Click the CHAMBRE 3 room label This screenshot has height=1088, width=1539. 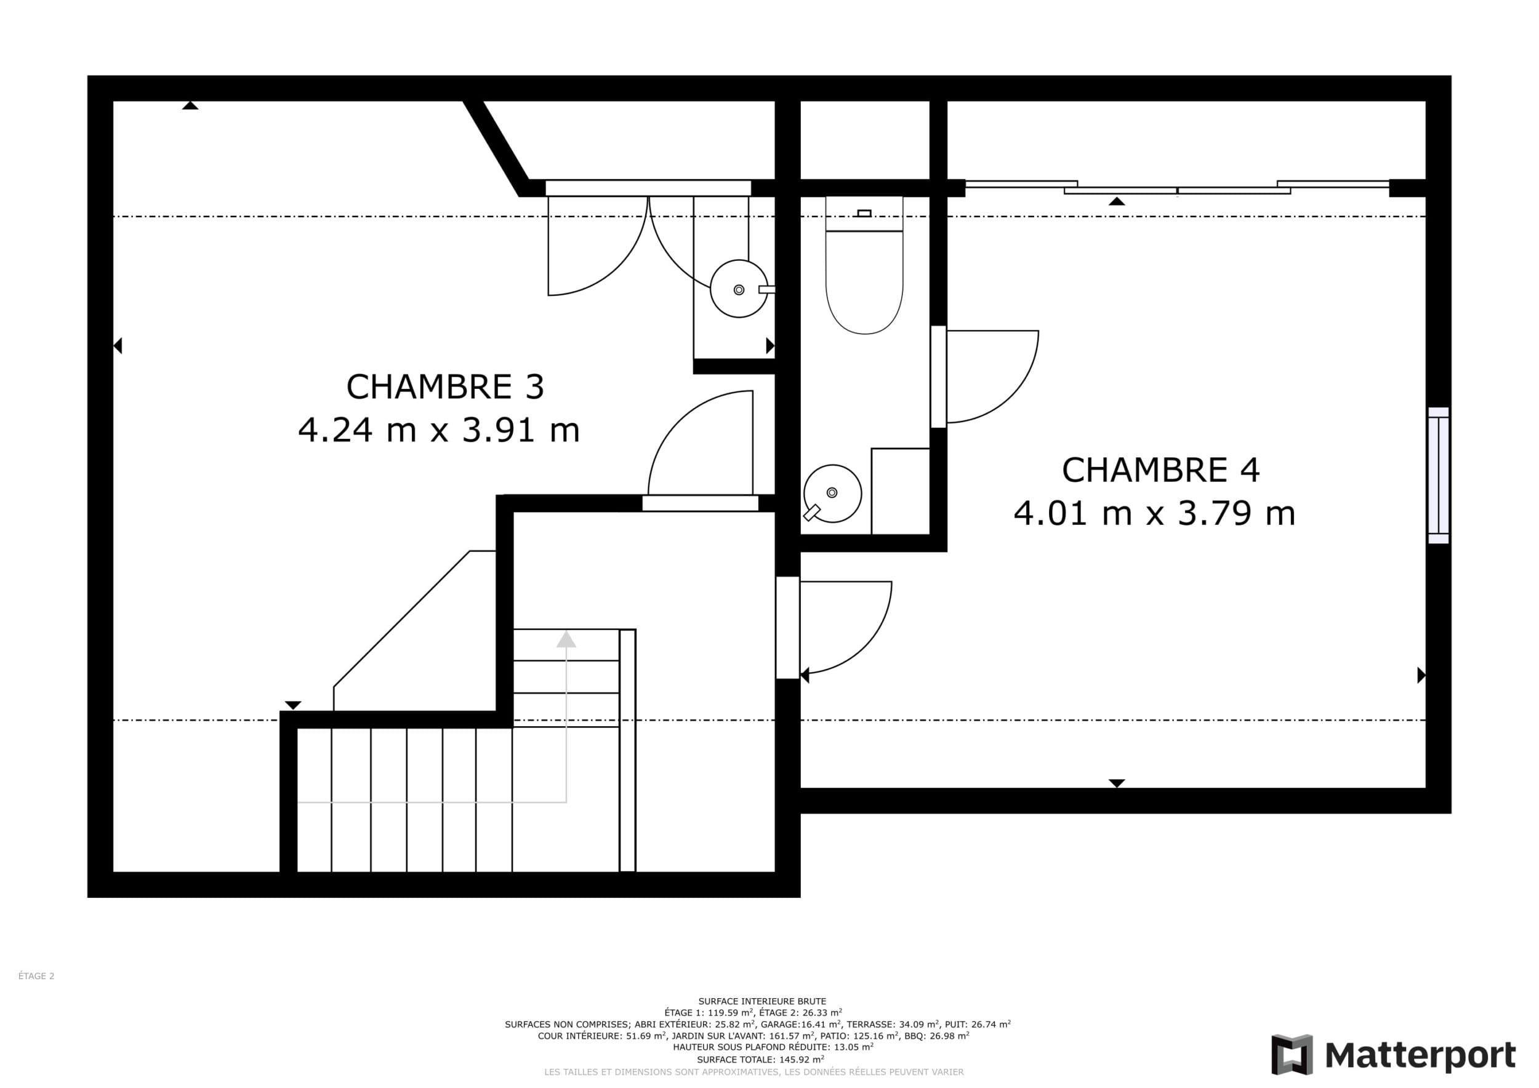[x=444, y=386]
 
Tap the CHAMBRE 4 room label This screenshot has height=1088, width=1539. [x=1160, y=470]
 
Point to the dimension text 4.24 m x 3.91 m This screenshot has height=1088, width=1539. [x=438, y=430]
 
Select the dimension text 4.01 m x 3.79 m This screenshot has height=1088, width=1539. [x=1154, y=513]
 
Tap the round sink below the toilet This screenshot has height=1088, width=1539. [x=832, y=493]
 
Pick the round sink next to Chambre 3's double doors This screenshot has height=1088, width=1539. [x=739, y=289]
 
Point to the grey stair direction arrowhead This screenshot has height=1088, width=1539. [x=566, y=639]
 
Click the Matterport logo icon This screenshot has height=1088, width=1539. [x=1292, y=1055]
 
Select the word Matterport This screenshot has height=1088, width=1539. [x=1420, y=1056]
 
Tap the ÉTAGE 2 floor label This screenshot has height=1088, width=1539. [x=36, y=976]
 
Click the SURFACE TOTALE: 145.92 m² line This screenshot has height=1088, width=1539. [x=761, y=1060]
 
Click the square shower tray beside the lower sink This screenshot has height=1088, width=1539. [x=900, y=491]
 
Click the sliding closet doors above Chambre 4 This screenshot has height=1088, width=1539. [x=1177, y=188]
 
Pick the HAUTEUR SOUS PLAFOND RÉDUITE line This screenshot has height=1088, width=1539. [x=773, y=1047]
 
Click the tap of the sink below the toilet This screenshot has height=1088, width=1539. [x=812, y=513]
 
